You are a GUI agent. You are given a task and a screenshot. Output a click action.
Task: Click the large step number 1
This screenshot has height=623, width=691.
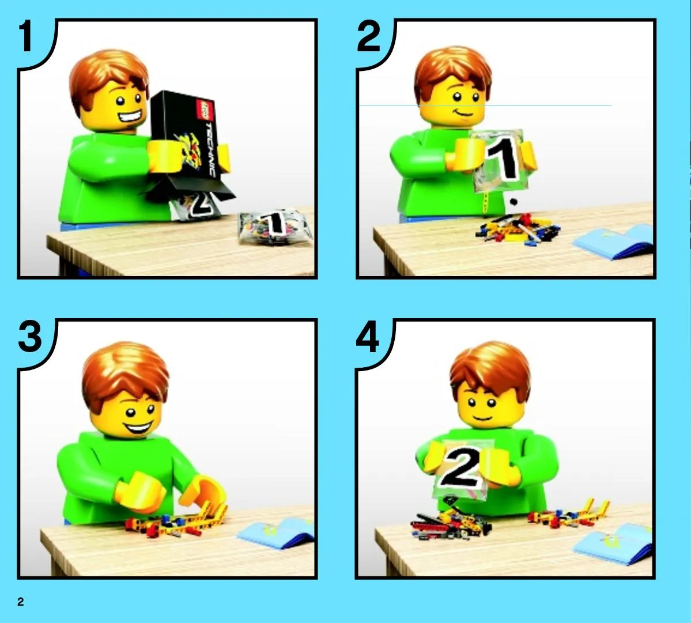[x=25, y=37]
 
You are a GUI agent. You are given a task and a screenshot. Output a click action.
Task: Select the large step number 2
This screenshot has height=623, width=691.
[x=368, y=37]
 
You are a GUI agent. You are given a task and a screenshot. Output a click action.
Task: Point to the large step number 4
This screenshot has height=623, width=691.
[x=368, y=337]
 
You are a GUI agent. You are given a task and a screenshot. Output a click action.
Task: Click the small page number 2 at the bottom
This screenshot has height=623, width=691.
[x=21, y=602]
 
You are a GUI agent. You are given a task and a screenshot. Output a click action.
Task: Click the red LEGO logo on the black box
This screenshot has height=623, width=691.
[x=206, y=110]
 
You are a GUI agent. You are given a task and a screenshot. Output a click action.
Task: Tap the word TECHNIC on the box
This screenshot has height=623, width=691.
[x=212, y=150]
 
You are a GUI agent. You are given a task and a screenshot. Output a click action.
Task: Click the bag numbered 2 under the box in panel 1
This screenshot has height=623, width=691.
[x=196, y=205]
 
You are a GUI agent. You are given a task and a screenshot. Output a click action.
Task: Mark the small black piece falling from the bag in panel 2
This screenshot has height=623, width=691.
[x=513, y=202]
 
